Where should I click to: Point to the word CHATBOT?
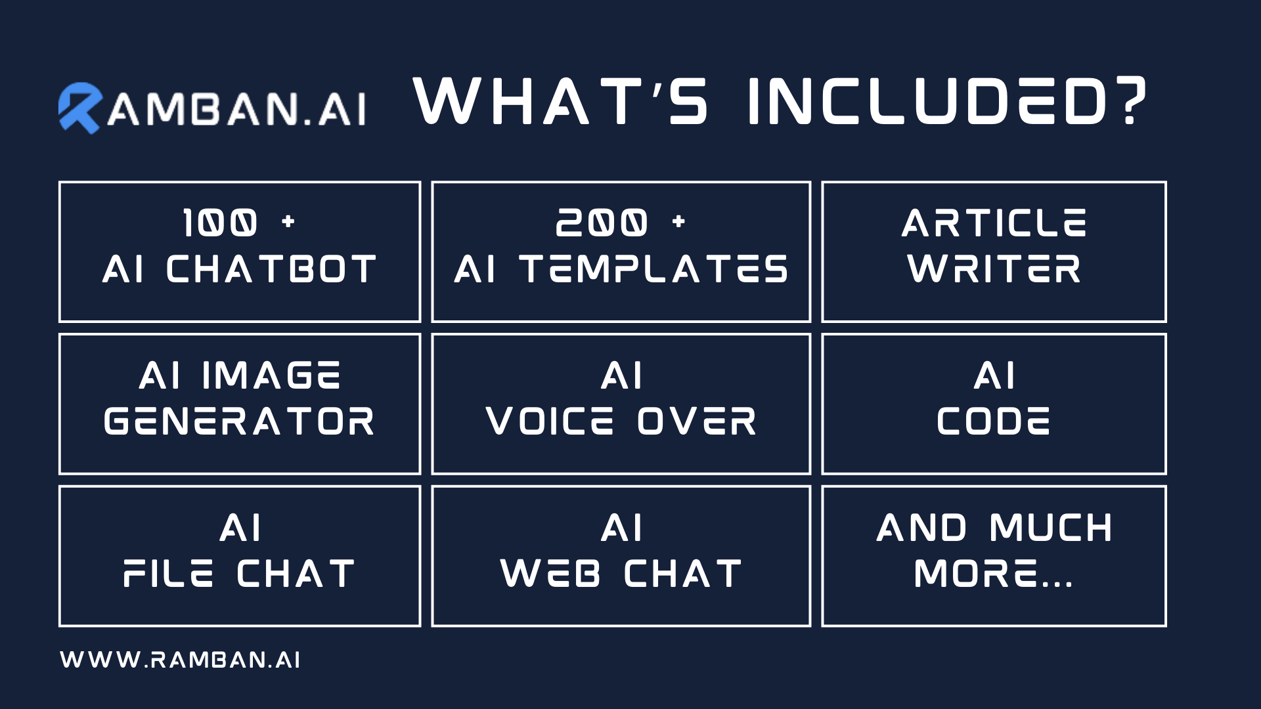(x=272, y=269)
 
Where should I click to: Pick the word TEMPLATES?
(x=653, y=269)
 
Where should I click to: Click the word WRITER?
(x=994, y=269)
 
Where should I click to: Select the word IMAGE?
(x=271, y=376)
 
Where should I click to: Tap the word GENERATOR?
(x=239, y=421)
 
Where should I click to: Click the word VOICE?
(x=550, y=421)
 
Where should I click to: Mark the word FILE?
(x=168, y=574)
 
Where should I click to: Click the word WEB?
(x=550, y=574)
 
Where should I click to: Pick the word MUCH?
(x=1051, y=528)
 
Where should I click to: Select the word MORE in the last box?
(x=976, y=574)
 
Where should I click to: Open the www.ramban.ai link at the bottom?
(x=180, y=660)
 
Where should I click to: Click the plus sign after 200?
(x=679, y=222)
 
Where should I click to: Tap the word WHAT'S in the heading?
(x=561, y=100)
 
